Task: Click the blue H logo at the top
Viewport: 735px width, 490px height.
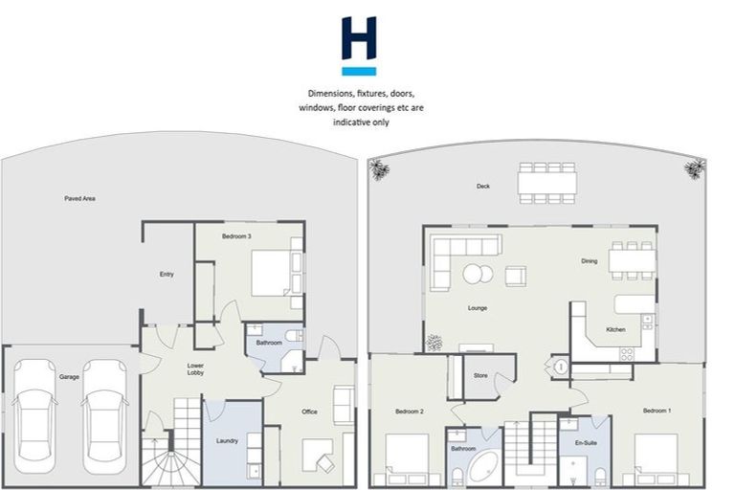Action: (x=359, y=44)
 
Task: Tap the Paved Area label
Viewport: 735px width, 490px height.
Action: (x=79, y=198)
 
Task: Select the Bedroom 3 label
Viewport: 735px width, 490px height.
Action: (x=237, y=235)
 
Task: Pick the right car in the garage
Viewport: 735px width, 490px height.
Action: (x=103, y=413)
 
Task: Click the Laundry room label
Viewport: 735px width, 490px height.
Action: (x=228, y=440)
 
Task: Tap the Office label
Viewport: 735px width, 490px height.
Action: (x=309, y=412)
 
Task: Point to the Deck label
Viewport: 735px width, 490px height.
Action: (x=483, y=186)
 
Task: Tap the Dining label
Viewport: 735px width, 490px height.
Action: (x=589, y=260)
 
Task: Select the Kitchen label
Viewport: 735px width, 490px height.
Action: (x=615, y=329)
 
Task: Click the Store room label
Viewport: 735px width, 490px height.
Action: (x=480, y=375)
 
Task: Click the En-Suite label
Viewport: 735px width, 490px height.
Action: (x=586, y=442)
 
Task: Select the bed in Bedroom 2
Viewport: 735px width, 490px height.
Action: (x=408, y=457)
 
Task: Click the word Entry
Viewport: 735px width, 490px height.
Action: (x=167, y=275)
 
